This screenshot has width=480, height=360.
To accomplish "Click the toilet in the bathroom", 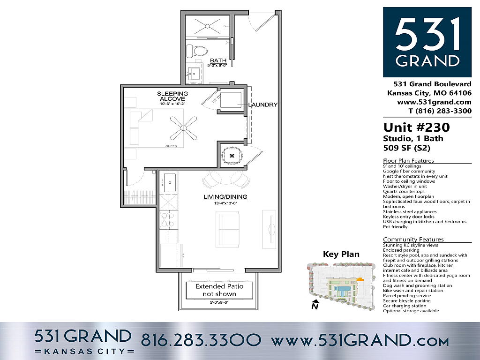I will pyautogui.click(x=196, y=50).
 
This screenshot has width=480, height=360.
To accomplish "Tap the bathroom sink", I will pyautogui.click(x=194, y=73).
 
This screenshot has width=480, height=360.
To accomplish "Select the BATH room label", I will pyautogui.click(x=218, y=60).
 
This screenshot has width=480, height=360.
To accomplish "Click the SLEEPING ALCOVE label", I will pyautogui.click(x=172, y=97).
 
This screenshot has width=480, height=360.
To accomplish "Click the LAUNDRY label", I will pyautogui.click(x=263, y=105).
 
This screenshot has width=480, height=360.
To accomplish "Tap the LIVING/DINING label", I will pyautogui.click(x=225, y=197).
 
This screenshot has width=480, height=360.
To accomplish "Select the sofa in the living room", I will pyautogui.click(x=228, y=230).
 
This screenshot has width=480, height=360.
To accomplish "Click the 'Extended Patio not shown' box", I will pyautogui.click(x=216, y=290).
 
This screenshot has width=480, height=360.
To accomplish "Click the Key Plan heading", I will pyautogui.click(x=341, y=254).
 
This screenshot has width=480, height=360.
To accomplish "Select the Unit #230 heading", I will pyautogui.click(x=416, y=127).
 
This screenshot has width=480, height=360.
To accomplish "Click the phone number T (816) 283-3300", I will pyautogui.click(x=440, y=111).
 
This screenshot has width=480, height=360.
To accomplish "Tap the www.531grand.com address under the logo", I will pyautogui.click(x=434, y=102).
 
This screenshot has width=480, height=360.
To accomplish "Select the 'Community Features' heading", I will pyautogui.click(x=413, y=240).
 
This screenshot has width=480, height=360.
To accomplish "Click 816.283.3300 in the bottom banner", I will pyautogui.click(x=201, y=339).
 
